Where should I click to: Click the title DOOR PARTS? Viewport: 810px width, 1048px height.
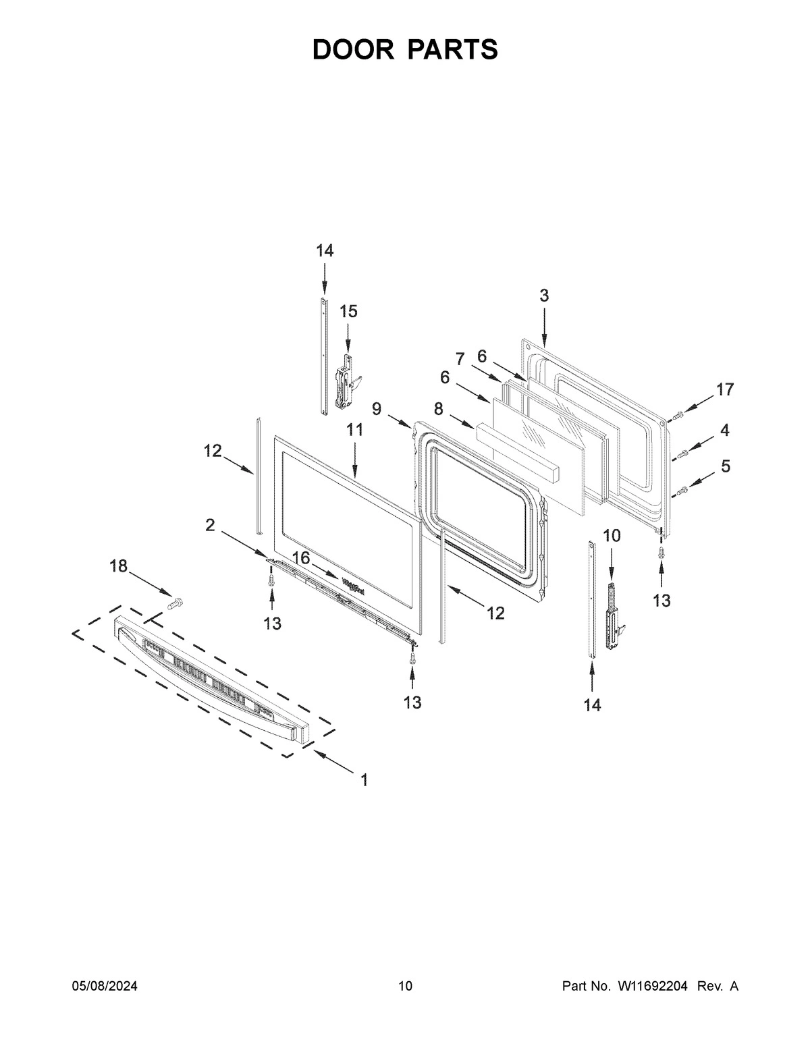coord(405,50)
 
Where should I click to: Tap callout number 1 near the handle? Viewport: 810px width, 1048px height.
coord(364,781)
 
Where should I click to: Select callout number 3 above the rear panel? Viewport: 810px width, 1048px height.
coord(543,295)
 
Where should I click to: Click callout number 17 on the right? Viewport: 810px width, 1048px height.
coord(724,389)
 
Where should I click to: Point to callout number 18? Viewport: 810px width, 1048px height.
coord(118,566)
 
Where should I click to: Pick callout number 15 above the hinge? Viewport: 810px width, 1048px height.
coord(348,311)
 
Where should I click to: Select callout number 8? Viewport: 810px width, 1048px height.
coord(438,408)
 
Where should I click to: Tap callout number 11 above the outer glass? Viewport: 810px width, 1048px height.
coord(355,430)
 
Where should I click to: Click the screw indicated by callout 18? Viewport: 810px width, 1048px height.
coord(177,601)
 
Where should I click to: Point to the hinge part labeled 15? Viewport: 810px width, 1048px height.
coord(346,385)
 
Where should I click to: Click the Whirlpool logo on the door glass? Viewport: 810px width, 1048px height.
coord(353,584)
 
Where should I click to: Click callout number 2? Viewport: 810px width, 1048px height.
coord(211,526)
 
